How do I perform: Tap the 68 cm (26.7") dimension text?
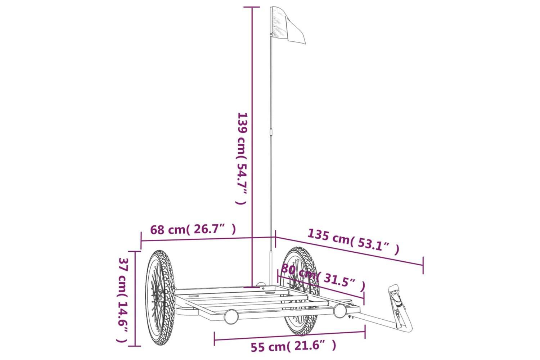pos(193,229)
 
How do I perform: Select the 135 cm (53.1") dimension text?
pos(354,242)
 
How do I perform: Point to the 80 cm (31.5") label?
pos(323,277)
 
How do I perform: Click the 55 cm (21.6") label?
pos(293,347)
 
